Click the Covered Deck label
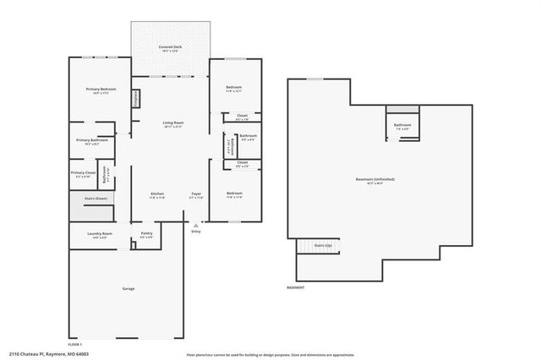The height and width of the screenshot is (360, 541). (172, 47)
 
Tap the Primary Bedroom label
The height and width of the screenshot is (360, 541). (100, 90)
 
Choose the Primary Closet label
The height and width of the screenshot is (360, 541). (83, 174)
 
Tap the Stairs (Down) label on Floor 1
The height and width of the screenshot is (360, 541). (96, 198)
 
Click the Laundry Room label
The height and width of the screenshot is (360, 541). (100, 234)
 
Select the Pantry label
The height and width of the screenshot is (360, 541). (146, 235)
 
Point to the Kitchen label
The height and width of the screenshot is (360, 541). (157, 194)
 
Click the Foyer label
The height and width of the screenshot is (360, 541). (195, 194)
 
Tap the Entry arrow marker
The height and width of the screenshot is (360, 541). (195, 226)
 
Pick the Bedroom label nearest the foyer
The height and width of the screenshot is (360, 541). (233, 194)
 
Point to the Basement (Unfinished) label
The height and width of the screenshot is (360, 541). (374, 180)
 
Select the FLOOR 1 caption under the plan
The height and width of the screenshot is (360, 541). (74, 344)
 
